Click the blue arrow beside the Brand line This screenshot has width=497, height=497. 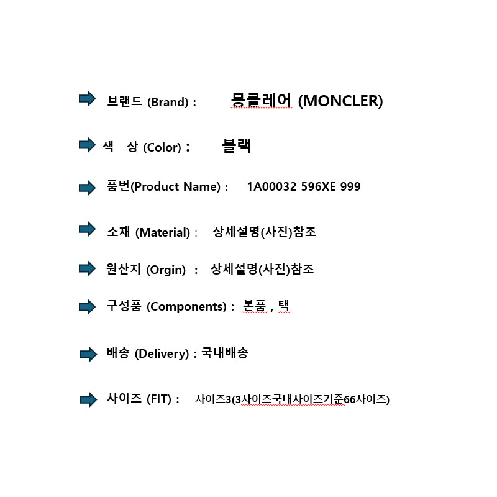click(87, 99)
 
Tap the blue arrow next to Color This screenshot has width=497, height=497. click(87, 145)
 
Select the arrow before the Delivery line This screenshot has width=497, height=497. click(88, 354)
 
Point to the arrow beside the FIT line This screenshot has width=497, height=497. click(88, 399)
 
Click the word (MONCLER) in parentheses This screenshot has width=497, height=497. click(340, 101)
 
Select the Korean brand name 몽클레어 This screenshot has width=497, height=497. click(261, 100)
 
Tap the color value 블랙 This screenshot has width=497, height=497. click(237, 146)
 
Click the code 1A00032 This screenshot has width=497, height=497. click(271, 187)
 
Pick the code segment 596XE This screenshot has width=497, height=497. click(318, 187)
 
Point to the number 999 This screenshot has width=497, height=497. click(350, 187)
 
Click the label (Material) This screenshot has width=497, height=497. click(163, 232)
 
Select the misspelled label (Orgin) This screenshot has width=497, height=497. click(166, 270)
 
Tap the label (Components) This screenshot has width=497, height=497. click(186, 306)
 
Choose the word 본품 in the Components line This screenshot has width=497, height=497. click(254, 306)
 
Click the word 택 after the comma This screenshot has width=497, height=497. click(284, 306)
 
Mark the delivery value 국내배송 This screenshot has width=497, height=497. click(225, 352)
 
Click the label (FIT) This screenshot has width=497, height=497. click(159, 399)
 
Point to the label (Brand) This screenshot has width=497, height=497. click(168, 102)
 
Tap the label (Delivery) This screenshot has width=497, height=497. click(162, 353)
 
